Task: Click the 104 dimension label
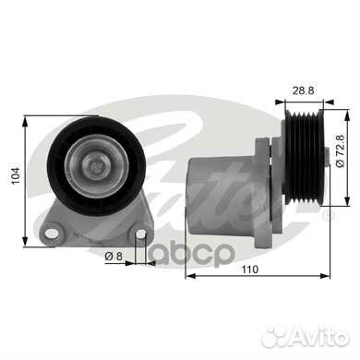coord(16,175)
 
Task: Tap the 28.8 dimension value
coord(303,91)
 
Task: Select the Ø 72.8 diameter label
coord(341,151)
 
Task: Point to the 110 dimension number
coord(249,270)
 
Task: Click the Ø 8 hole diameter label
coord(114,256)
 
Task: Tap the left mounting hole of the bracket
coord(52,234)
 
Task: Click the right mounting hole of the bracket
coord(141,234)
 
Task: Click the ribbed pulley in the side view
coord(304,157)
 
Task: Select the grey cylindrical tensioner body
coord(222,195)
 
